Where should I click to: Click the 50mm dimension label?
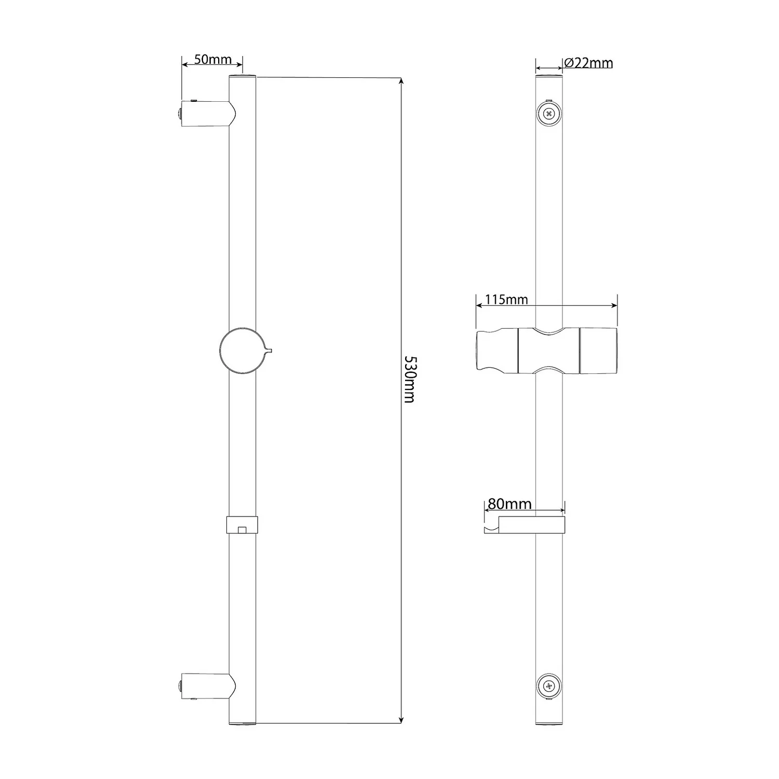tap(213, 59)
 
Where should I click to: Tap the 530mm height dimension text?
tap(409, 380)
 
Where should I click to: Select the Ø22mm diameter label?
tap(588, 63)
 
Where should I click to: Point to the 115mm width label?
tap(506, 300)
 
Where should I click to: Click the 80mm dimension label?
tap(509, 504)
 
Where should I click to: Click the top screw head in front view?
tap(548, 113)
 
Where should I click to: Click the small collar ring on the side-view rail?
tap(242, 525)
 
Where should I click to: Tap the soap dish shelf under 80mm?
tap(530, 526)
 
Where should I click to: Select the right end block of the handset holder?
tap(598, 351)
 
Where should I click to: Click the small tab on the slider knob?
tap(268, 351)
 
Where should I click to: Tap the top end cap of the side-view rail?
tap(242, 76)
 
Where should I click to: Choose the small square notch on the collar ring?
tap(241, 530)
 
